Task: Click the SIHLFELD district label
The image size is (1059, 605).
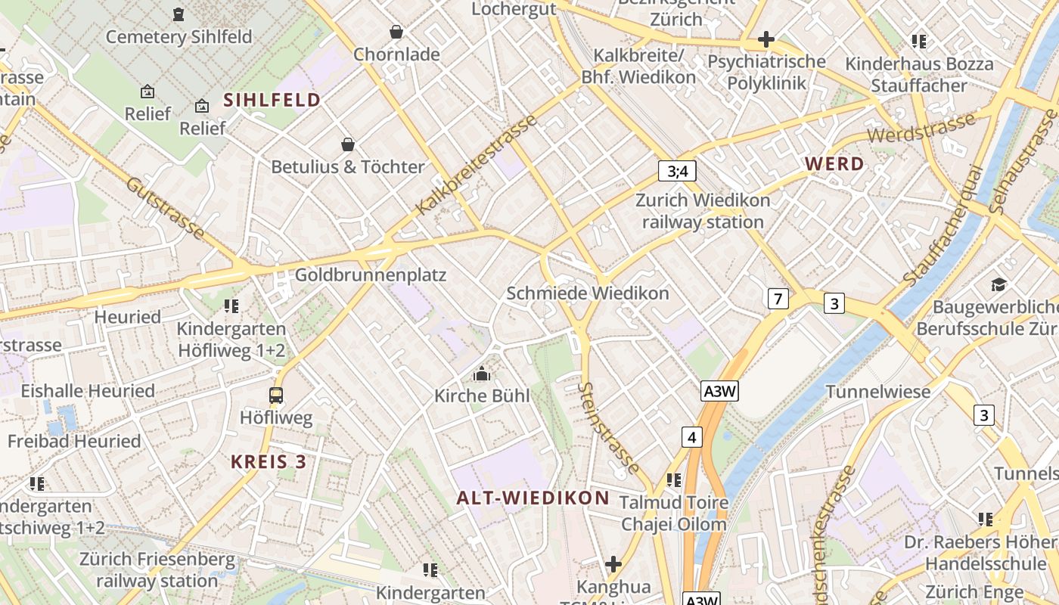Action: click(x=272, y=100)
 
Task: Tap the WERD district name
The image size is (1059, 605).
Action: click(x=834, y=163)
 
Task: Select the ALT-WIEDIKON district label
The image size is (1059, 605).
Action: click(x=533, y=498)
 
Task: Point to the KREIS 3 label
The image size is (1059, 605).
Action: click(x=269, y=462)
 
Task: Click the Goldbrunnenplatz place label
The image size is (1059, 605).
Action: click(x=371, y=275)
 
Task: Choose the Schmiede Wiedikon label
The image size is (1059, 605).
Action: click(x=588, y=293)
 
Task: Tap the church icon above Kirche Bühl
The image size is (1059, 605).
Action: click(x=481, y=374)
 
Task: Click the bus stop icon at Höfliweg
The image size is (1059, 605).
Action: click(x=276, y=395)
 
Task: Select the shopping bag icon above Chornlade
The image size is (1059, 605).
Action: click(x=396, y=32)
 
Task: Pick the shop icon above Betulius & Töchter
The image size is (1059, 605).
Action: click(x=348, y=144)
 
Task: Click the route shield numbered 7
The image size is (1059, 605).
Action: click(x=778, y=299)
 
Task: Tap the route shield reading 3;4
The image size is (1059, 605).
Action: click(x=677, y=171)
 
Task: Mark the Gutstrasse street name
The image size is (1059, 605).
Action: click(x=165, y=209)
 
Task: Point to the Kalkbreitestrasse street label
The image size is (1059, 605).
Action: click(x=477, y=163)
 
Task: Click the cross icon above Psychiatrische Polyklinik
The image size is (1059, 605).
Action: click(x=766, y=39)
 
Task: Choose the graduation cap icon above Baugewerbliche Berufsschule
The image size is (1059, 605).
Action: click(x=998, y=285)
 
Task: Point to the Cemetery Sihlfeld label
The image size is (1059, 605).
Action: click(x=179, y=36)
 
